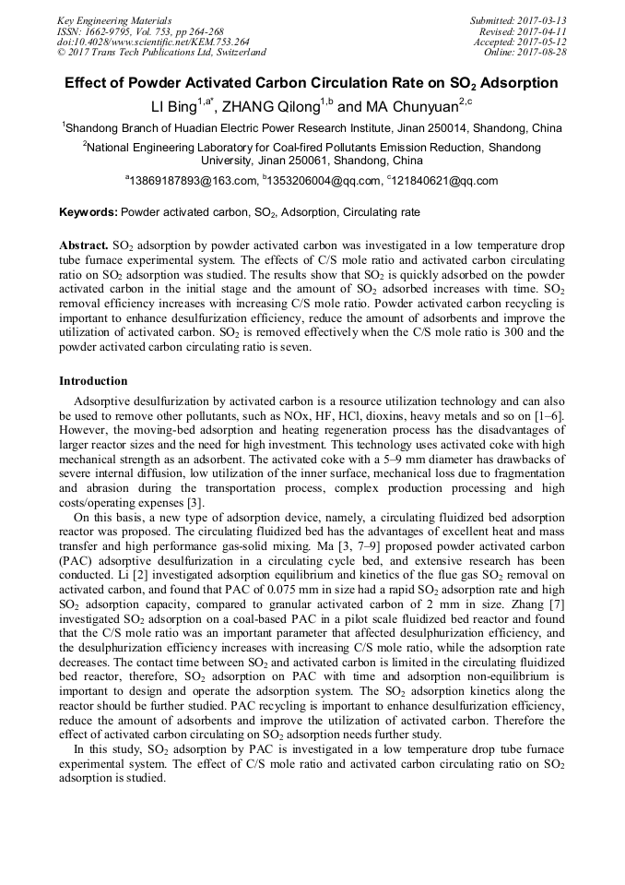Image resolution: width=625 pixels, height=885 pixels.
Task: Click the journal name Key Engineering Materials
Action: coord(113,19)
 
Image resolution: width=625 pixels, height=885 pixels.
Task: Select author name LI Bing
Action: coord(179,107)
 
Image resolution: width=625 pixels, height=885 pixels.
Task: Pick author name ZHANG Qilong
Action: coord(272,107)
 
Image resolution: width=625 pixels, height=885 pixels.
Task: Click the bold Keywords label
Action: coord(88,212)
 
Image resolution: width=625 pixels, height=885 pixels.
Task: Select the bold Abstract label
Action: coord(84,247)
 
